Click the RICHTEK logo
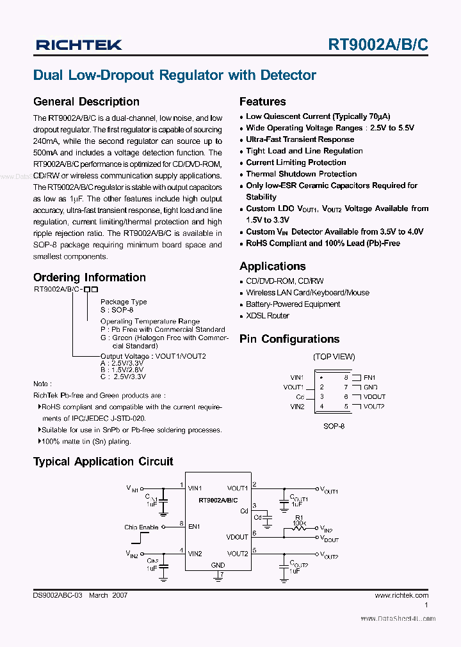[x=79, y=44]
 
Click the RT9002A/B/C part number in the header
[x=378, y=44]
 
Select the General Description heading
[x=86, y=102]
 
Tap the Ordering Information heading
[x=89, y=277]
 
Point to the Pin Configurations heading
[x=289, y=339]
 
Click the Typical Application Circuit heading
[x=103, y=462]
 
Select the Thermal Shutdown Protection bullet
[x=301, y=174]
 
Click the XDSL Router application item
[x=268, y=316]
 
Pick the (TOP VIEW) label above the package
[x=334, y=357]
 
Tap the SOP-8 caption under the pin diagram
[x=334, y=426]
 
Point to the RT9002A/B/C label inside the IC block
[x=218, y=500]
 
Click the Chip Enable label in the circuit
[x=141, y=527]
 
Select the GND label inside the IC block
[x=218, y=565]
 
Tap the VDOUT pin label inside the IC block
[x=238, y=537]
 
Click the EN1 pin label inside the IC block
[x=194, y=526]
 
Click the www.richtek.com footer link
[x=401, y=595]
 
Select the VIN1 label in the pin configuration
[x=297, y=378]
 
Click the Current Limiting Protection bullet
[x=296, y=162]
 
